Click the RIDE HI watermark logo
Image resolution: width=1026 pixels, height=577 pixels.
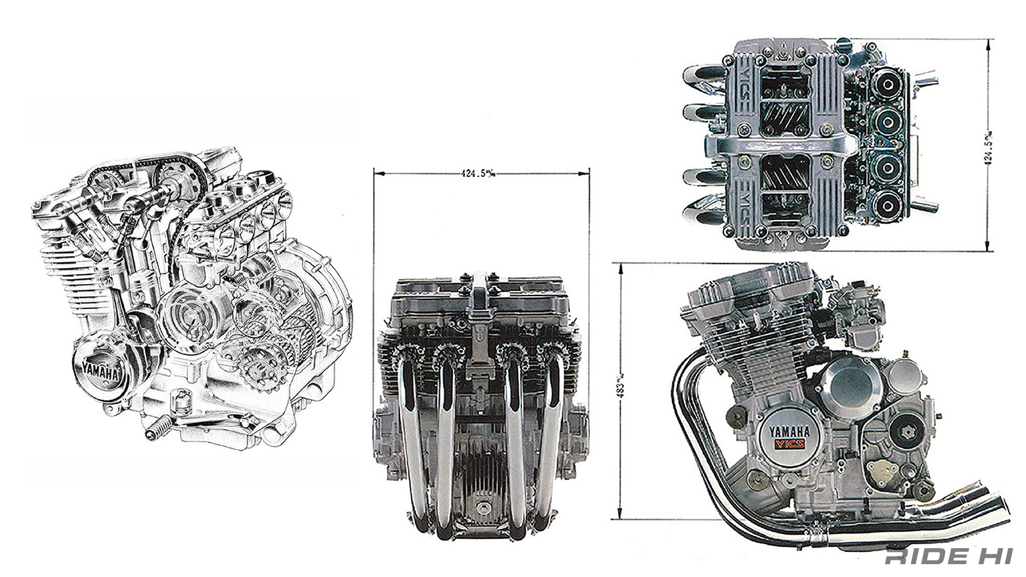pos(948,556)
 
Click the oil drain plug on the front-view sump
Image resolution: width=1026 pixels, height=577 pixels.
pos(480,508)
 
